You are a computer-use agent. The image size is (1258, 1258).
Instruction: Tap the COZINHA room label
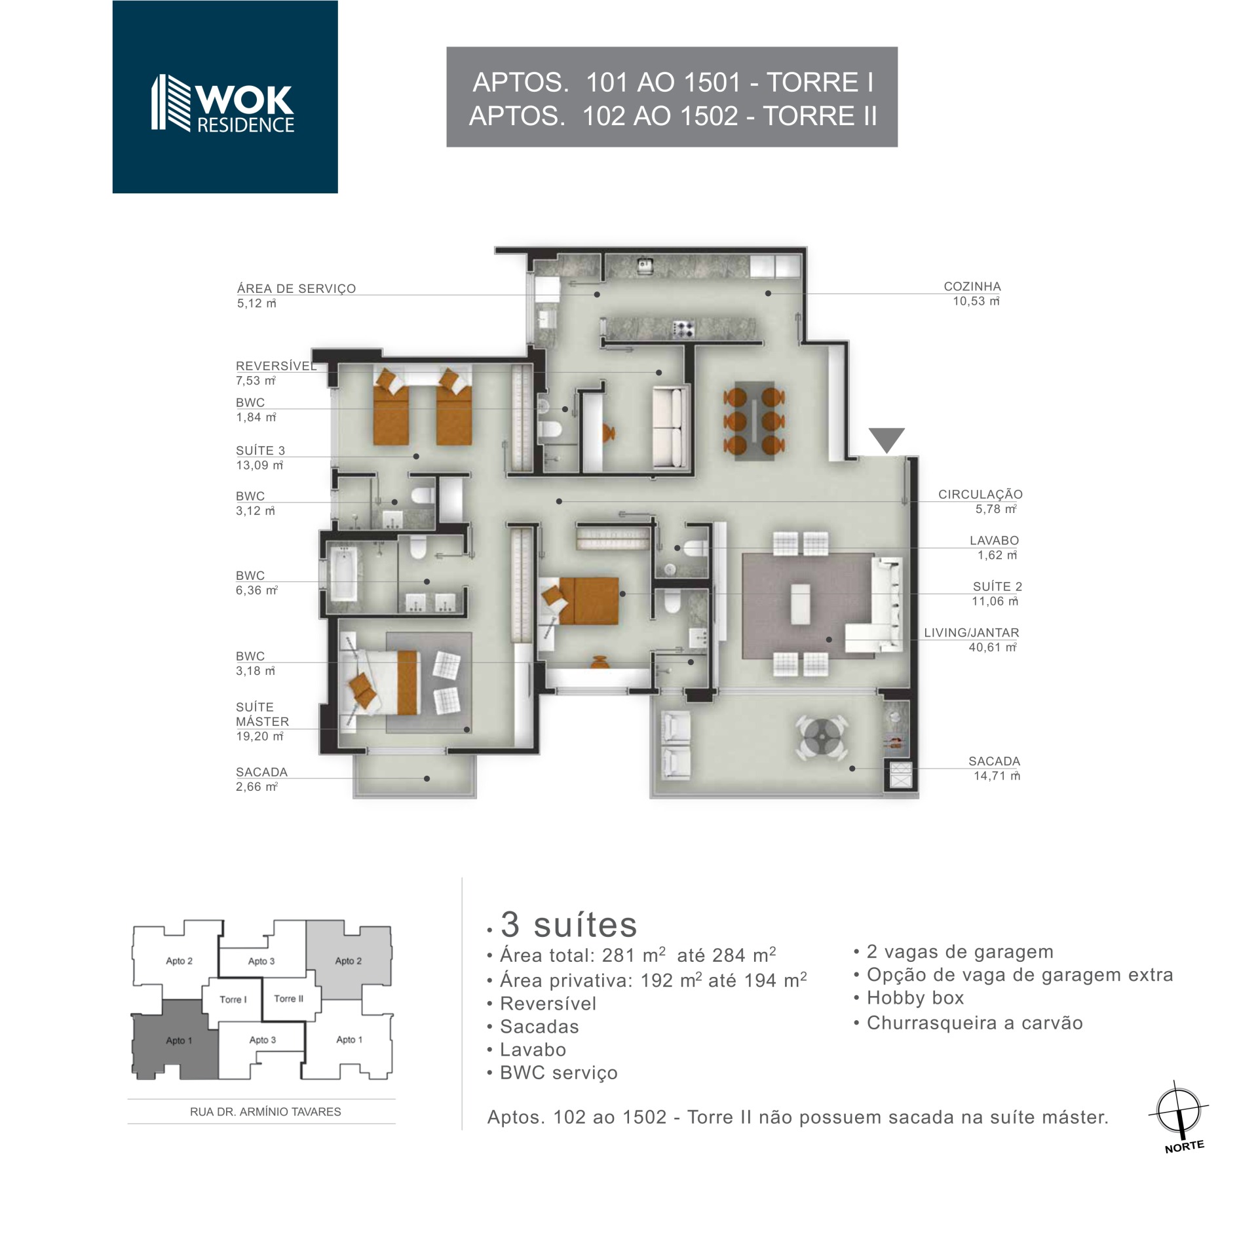click(x=972, y=286)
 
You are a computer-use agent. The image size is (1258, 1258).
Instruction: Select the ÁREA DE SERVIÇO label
click(x=296, y=288)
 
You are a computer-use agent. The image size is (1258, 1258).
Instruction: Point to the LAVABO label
click(x=994, y=541)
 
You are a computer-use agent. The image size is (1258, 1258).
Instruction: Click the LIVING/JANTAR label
click(x=972, y=633)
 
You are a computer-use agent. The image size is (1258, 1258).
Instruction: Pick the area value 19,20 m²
click(x=259, y=736)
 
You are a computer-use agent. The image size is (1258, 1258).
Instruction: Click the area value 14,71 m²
click(x=997, y=776)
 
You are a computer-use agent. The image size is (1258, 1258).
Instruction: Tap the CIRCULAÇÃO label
click(x=980, y=495)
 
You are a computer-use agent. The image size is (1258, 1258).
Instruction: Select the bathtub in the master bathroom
click(x=343, y=575)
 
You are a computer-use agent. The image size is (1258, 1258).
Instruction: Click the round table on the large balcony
click(x=822, y=738)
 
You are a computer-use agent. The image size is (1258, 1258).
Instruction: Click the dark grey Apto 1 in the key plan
click(x=176, y=1040)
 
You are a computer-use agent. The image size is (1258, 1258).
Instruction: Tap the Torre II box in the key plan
click(x=288, y=999)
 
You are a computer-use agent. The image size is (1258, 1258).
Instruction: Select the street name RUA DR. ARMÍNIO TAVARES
click(x=265, y=1112)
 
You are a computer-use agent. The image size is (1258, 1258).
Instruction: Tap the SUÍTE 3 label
click(x=260, y=451)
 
